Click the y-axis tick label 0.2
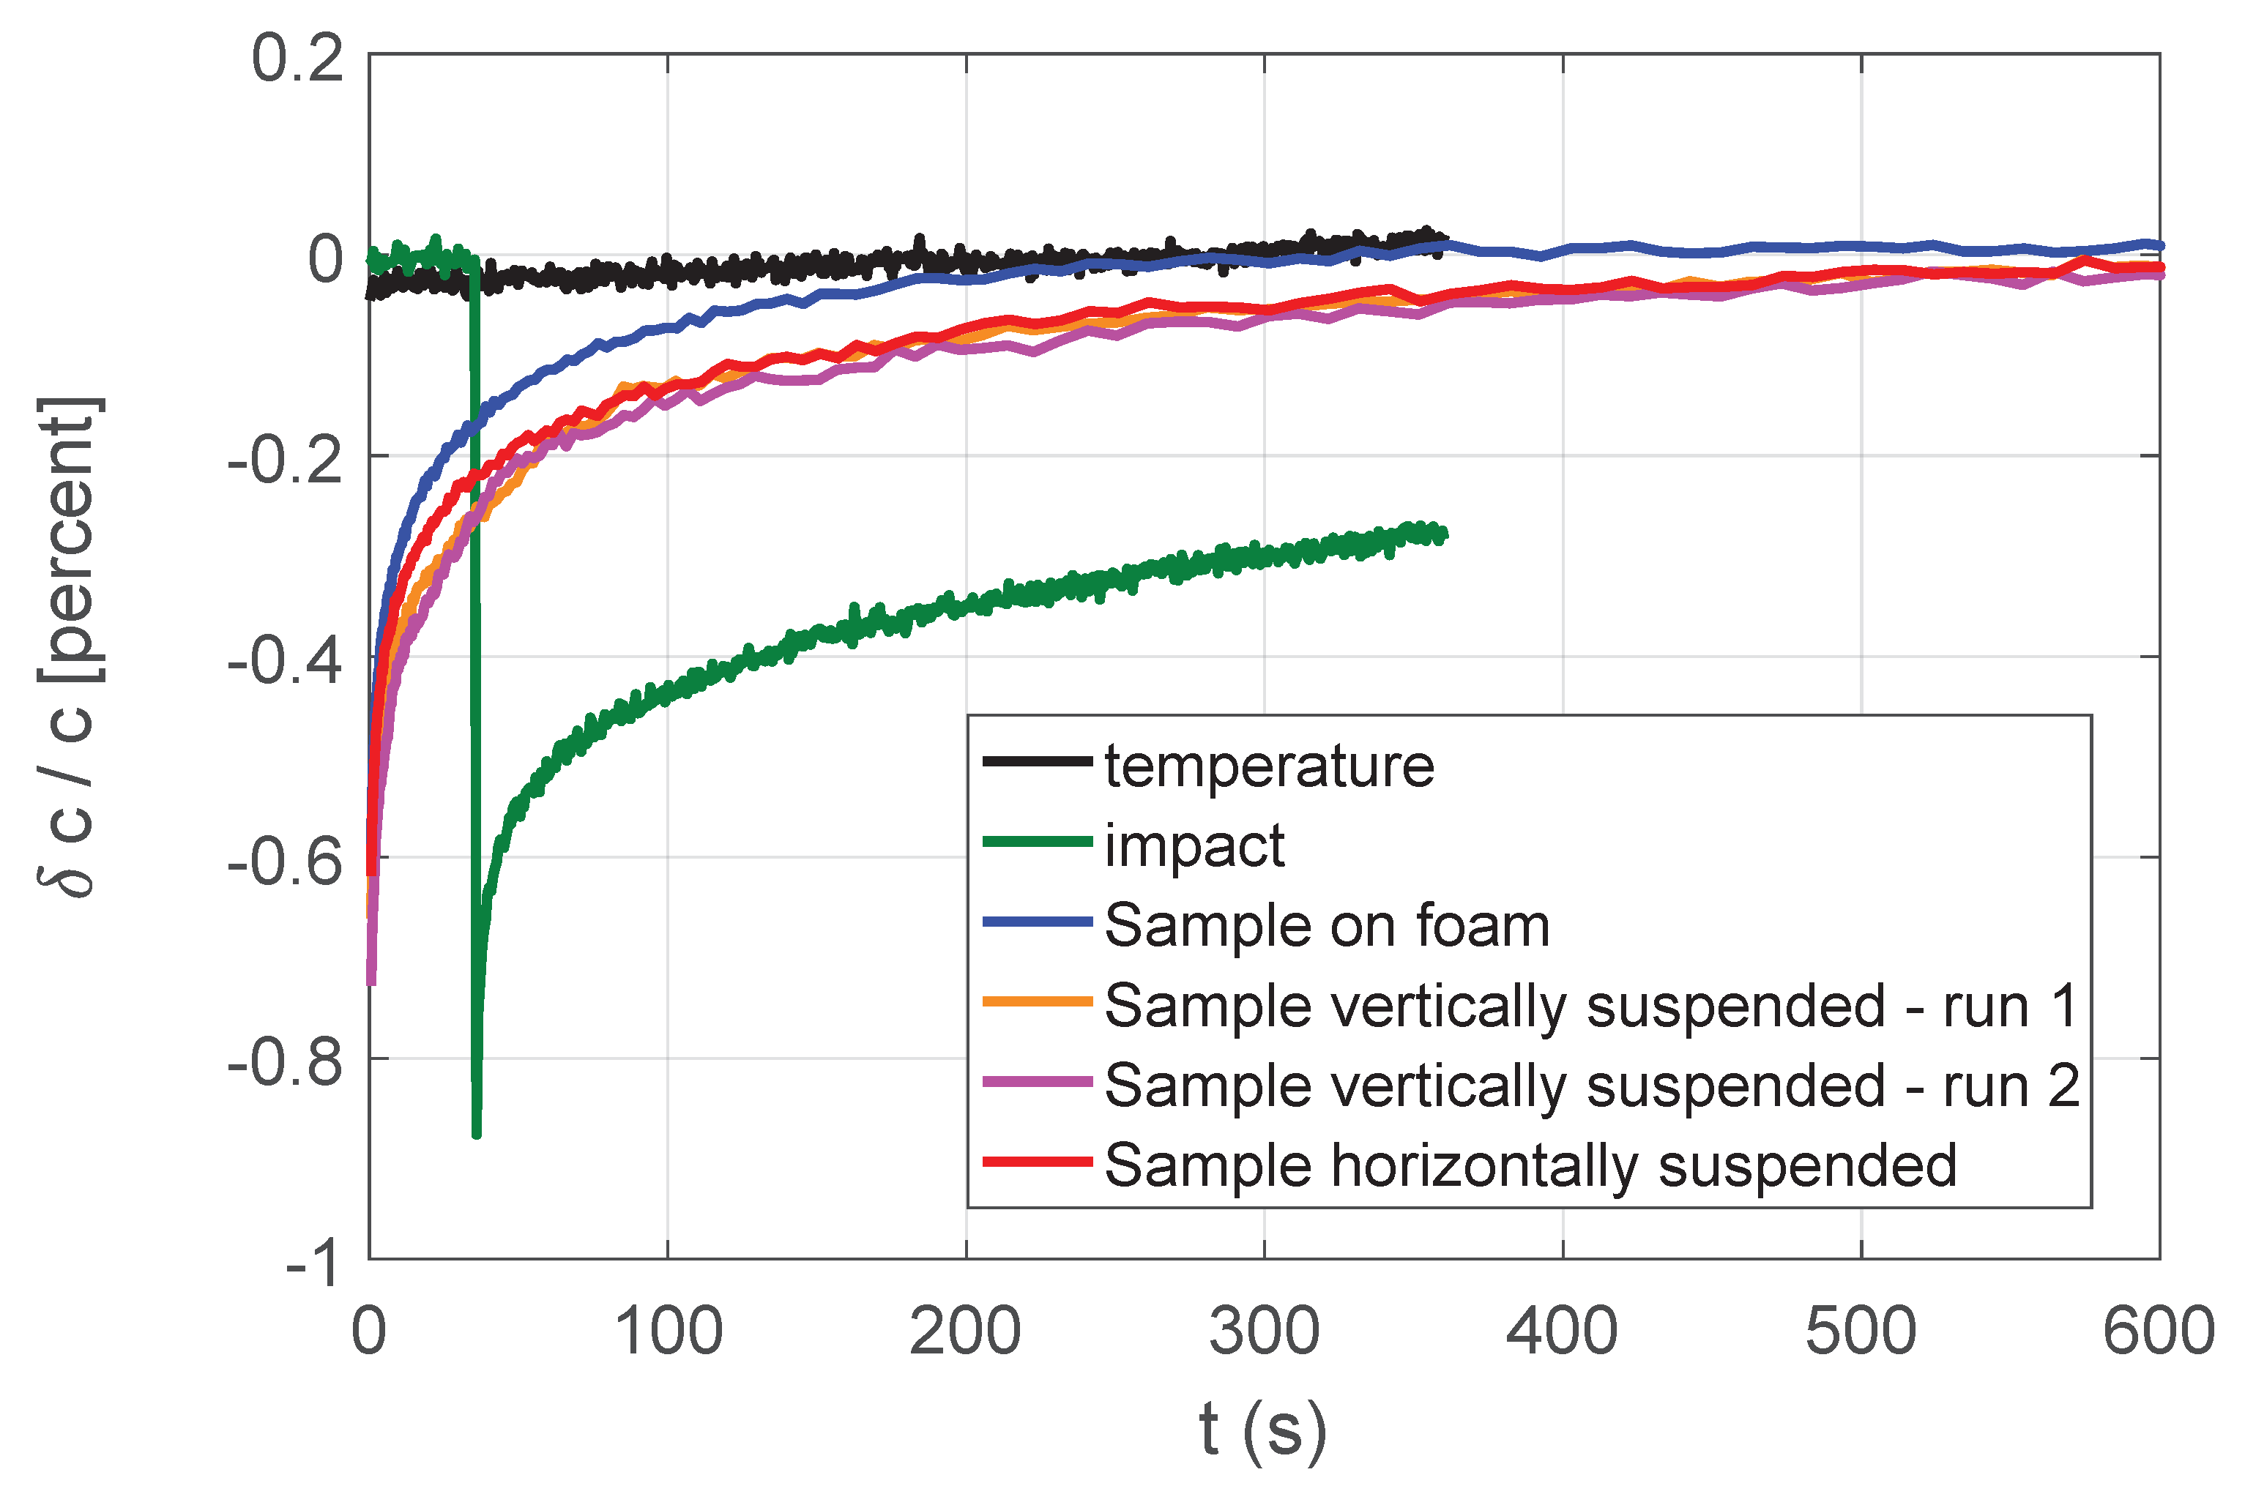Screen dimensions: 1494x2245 pyautogui.click(x=297, y=59)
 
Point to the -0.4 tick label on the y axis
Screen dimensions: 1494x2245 pyautogui.click(x=285, y=660)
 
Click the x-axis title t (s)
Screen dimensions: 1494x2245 pyautogui.click(x=1262, y=1429)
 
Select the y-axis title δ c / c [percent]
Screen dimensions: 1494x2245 pyautogui.click(x=69, y=648)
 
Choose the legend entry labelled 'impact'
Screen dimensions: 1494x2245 pyautogui.click(x=1195, y=845)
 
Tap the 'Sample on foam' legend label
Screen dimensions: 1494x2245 pyautogui.click(x=1326, y=925)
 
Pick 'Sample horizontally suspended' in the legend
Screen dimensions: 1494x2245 pyautogui.click(x=1530, y=1165)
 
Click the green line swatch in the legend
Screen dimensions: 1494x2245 pyautogui.click(x=1037, y=841)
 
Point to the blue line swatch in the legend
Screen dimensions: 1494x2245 pyautogui.click(x=1037, y=922)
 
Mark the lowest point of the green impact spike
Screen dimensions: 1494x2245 pyautogui.click(x=477, y=1134)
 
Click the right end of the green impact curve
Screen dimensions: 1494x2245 pyautogui.click(x=1445, y=534)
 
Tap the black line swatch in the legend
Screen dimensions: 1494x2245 pyautogui.click(x=1037, y=761)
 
